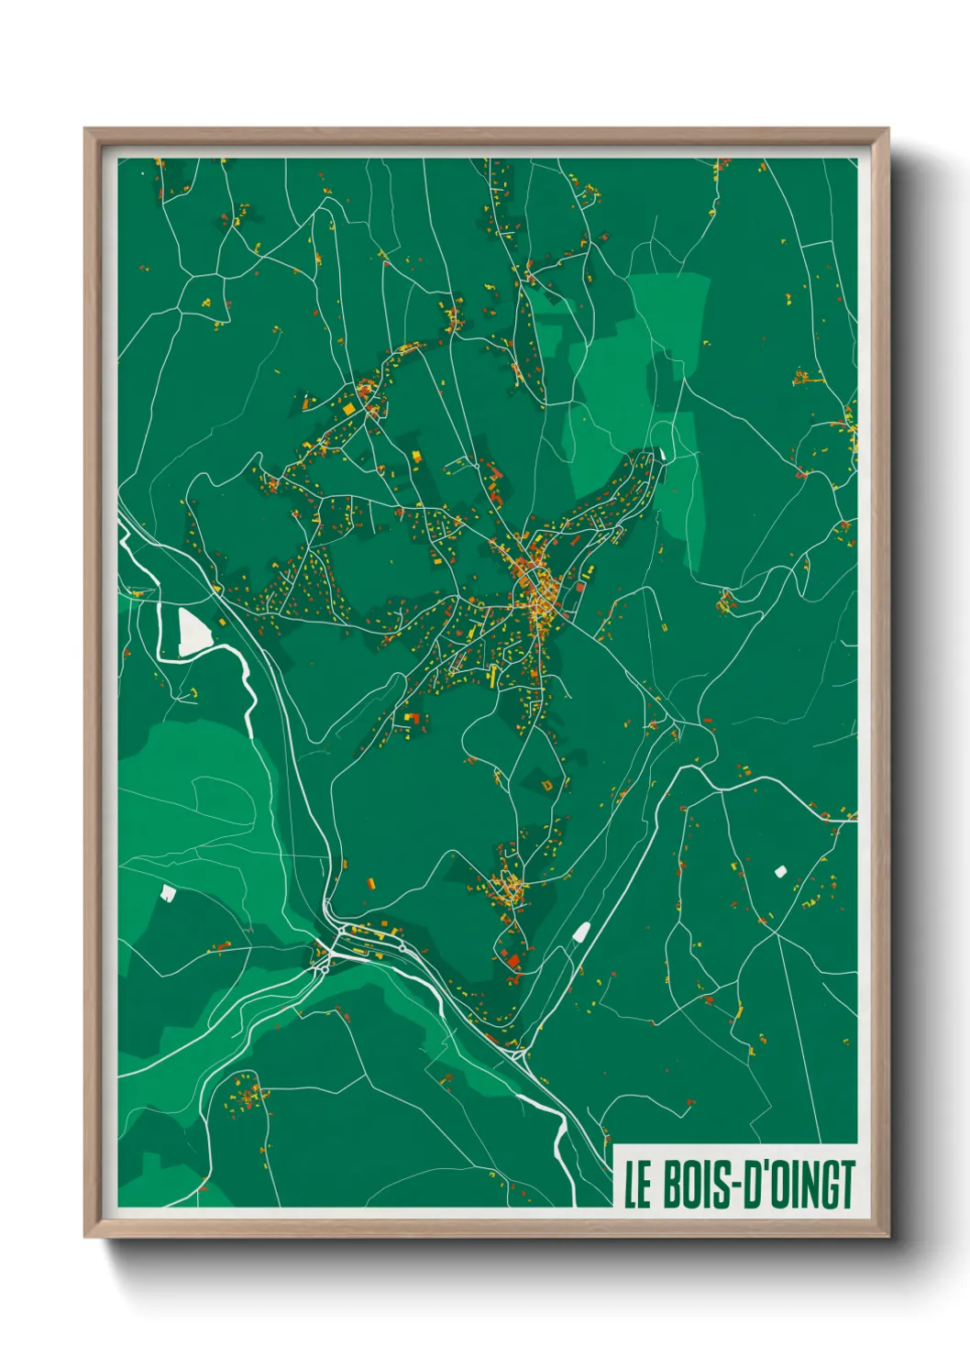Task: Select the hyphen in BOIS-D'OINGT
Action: pos(742,1186)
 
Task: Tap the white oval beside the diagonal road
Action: pos(580,932)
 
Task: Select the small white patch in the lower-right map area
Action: pos(781,871)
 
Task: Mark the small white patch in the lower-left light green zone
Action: pos(168,891)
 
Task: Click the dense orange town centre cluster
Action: pos(536,596)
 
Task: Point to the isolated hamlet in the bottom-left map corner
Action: pos(246,1095)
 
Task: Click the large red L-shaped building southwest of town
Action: pos(413,719)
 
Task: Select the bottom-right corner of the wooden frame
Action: pos(887,1235)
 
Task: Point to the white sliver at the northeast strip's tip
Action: pos(661,452)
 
